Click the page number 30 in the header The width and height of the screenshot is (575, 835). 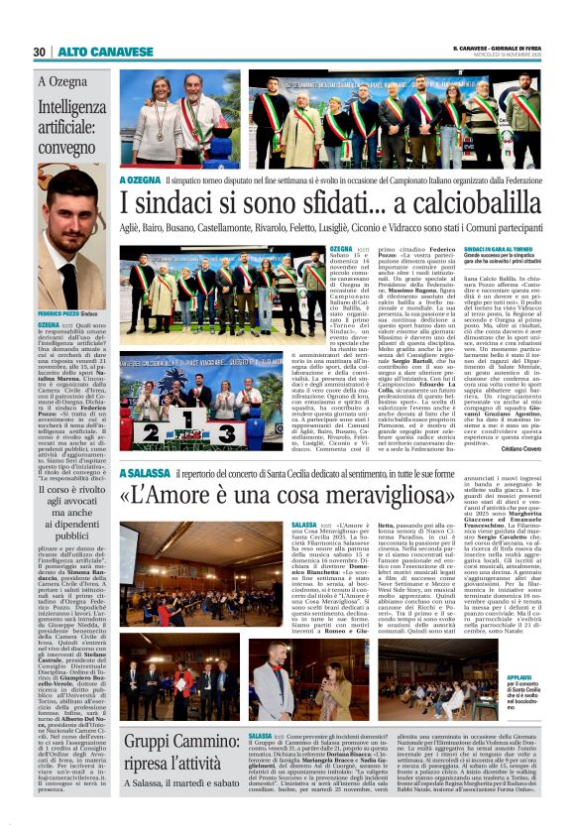(39, 52)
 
